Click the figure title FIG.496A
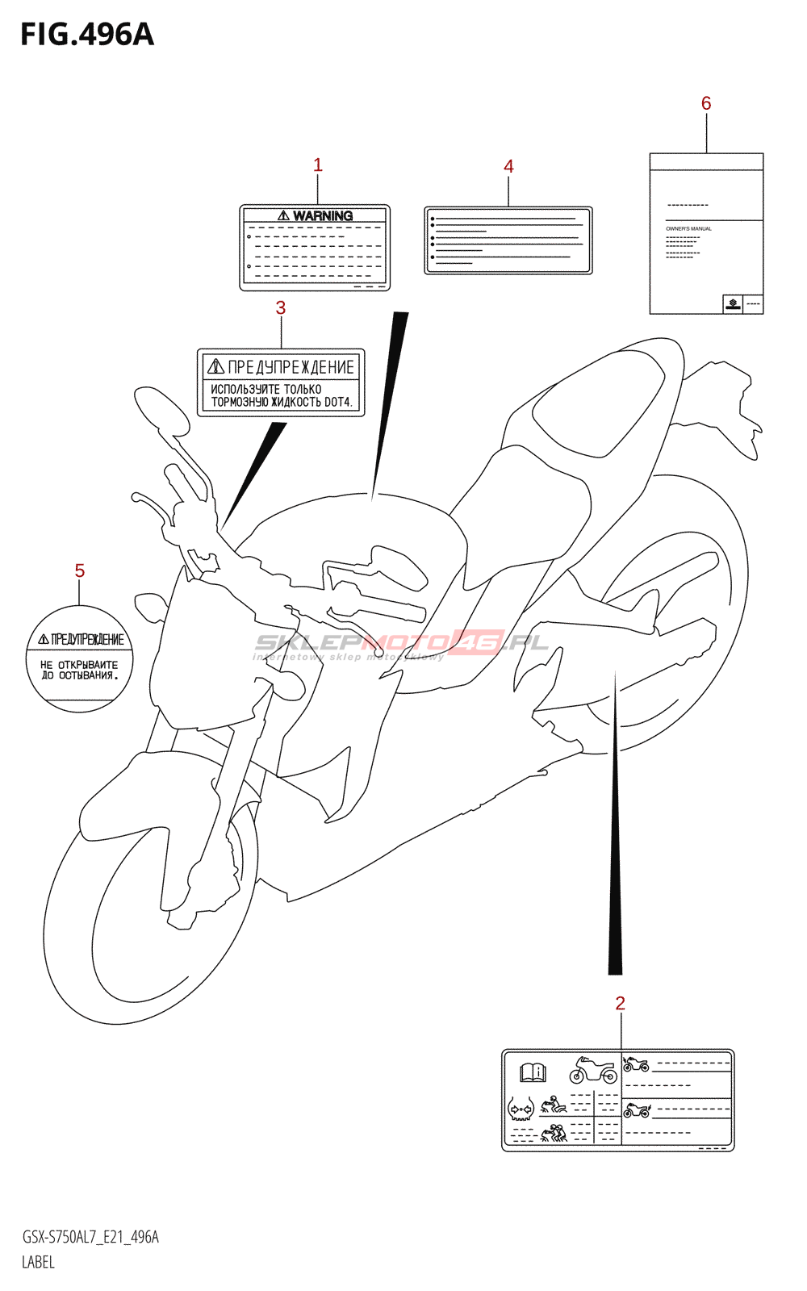(87, 35)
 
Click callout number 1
(318, 165)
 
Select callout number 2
(620, 1004)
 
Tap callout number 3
(281, 308)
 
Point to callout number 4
(508, 167)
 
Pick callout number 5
(80, 571)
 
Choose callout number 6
(706, 103)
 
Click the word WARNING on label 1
(322, 216)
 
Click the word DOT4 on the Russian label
(337, 402)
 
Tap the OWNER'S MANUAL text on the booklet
(688, 229)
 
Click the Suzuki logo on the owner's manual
(733, 304)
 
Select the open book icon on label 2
(533, 1072)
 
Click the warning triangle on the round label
(43, 640)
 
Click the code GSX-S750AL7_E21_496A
(90, 1238)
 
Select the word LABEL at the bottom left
(38, 1263)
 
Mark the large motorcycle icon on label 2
(593, 1071)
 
